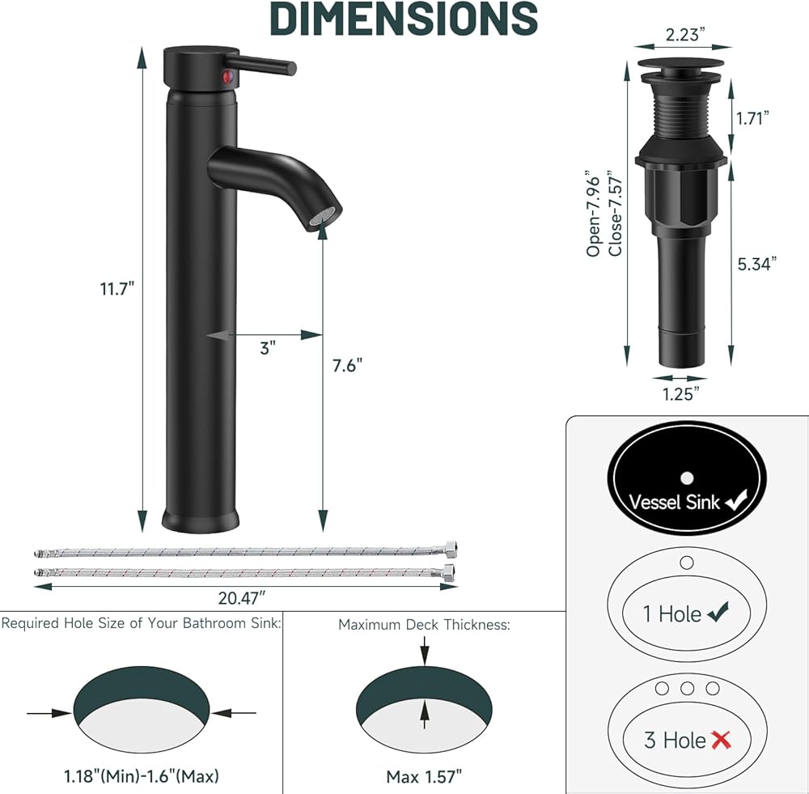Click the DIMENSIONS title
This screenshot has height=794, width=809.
(404, 18)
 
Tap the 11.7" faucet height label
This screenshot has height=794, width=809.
(117, 288)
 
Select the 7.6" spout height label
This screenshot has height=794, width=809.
(347, 366)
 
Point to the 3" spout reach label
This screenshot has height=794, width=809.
(268, 348)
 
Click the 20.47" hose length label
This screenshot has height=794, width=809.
(242, 598)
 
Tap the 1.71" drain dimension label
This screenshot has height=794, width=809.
(752, 118)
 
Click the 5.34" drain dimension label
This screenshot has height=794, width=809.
(756, 264)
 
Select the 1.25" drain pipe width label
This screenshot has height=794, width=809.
(681, 394)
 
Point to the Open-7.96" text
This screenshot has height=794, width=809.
(594, 213)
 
